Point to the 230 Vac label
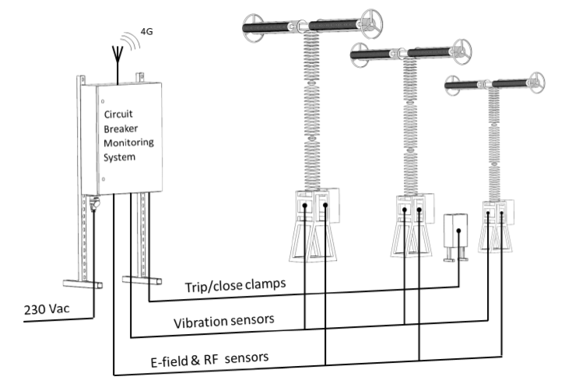40,308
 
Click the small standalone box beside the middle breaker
454,232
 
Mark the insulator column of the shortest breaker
492,144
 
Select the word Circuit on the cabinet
118,114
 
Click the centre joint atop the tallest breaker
299,26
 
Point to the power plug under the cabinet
93,203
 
